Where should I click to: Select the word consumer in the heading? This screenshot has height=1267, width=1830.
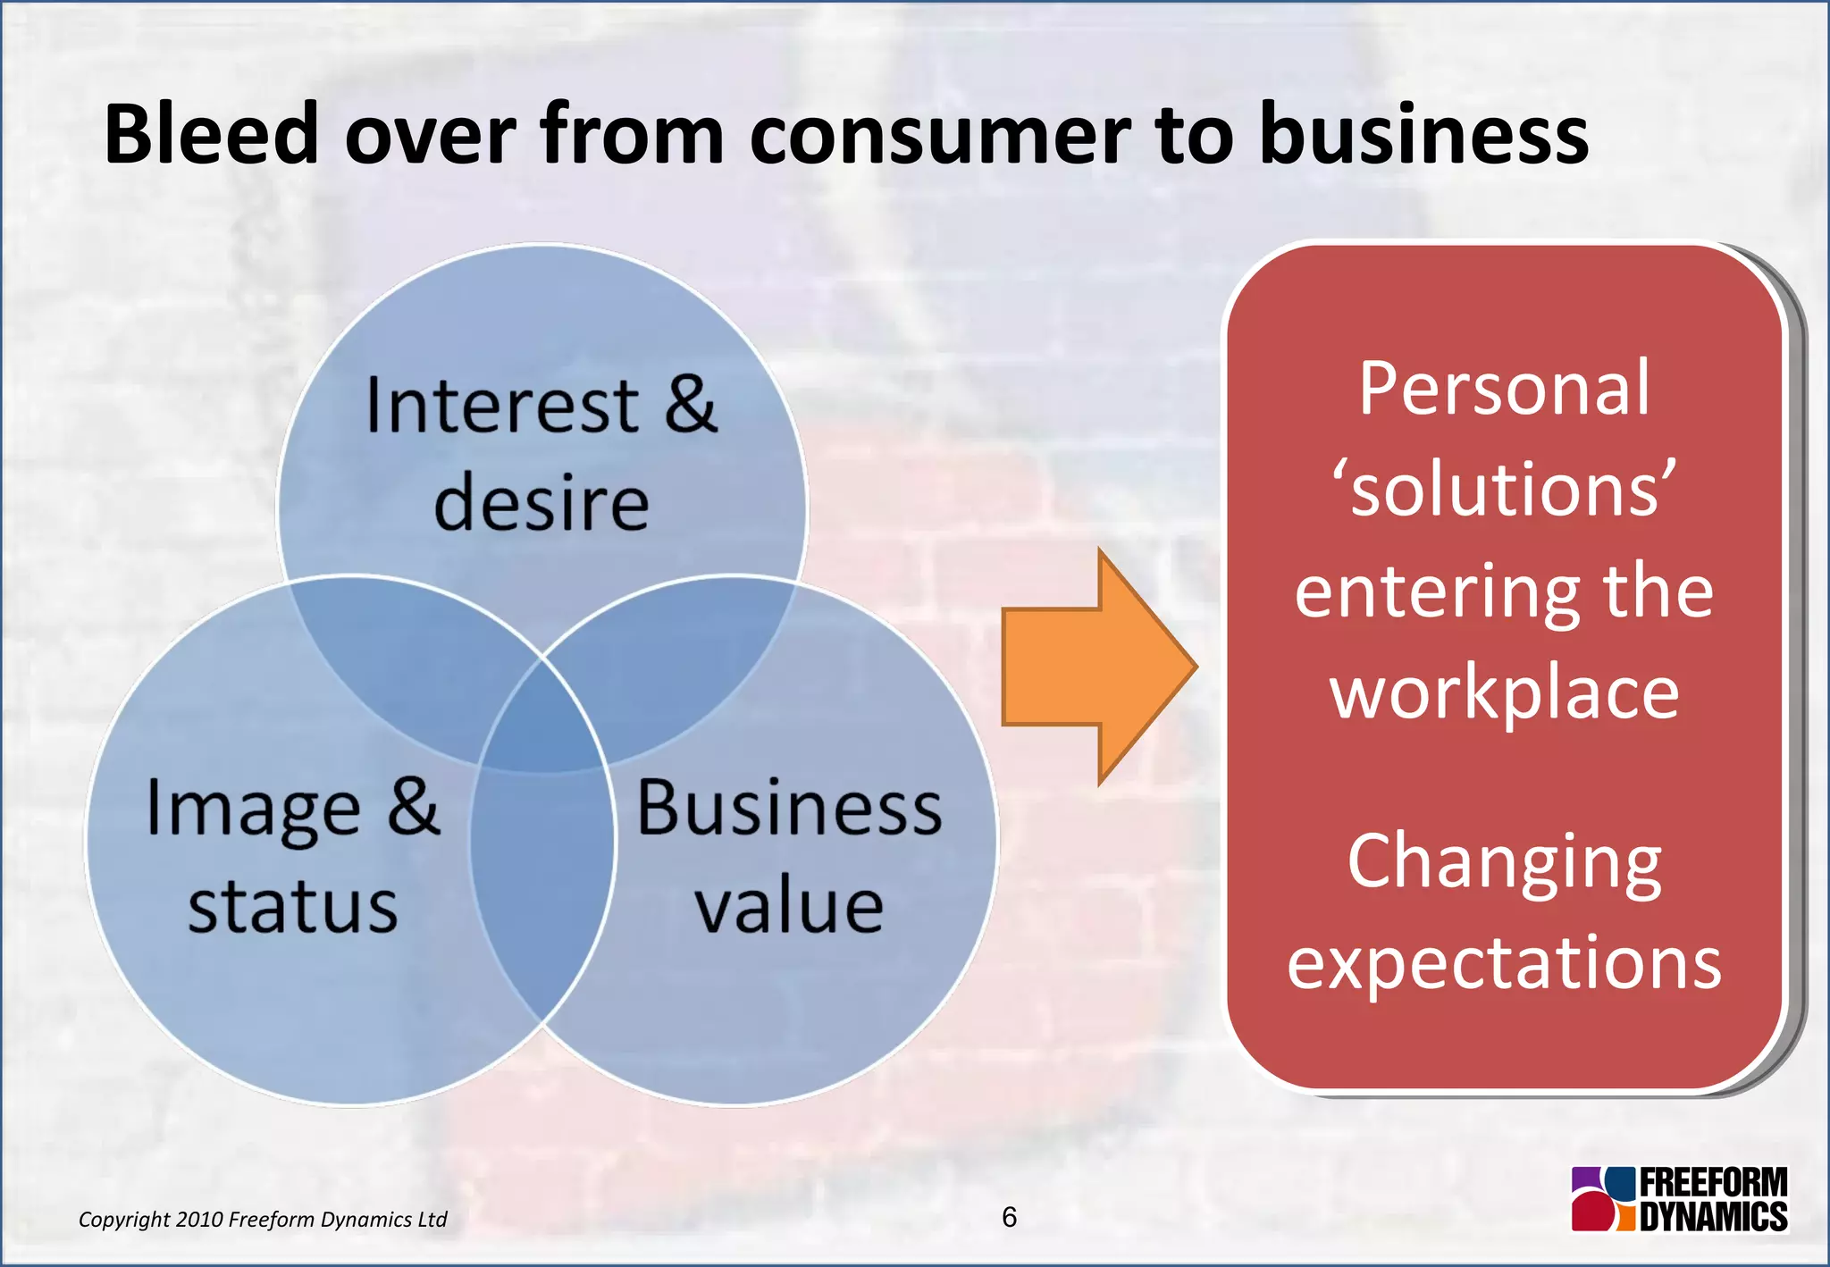pos(940,136)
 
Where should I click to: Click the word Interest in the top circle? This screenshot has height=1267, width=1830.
pos(501,407)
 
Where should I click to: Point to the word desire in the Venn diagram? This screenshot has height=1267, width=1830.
pos(541,504)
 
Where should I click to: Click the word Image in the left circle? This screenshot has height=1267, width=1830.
pos(253,810)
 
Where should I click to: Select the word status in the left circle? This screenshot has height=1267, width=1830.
pos(292,907)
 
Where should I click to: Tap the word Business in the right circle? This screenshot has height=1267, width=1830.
pos(789,808)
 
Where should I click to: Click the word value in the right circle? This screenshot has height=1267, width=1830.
pos(789,907)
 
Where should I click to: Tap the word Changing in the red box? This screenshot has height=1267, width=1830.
pos(1504,862)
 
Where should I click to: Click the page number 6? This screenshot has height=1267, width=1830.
pos(1009,1217)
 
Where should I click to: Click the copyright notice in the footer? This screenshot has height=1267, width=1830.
pos(263,1220)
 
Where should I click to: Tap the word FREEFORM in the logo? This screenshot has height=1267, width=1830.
pos(1713,1183)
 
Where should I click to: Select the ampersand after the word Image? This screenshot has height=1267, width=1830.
pos(414,806)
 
